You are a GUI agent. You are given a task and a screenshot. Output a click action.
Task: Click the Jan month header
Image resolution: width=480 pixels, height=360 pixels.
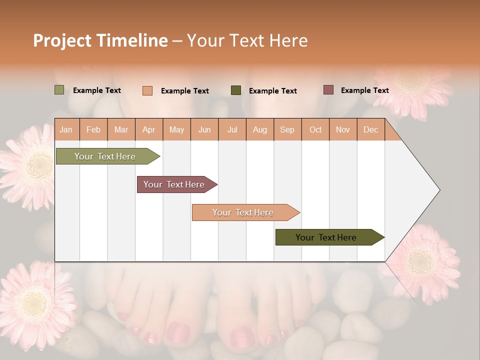click(x=66, y=130)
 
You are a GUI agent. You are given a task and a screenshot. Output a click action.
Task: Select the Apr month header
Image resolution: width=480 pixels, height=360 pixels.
click(x=148, y=130)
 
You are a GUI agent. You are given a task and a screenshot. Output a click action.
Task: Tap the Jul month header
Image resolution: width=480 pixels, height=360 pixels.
click(x=232, y=130)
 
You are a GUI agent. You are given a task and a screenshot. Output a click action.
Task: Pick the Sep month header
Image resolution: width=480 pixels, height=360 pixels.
click(x=287, y=130)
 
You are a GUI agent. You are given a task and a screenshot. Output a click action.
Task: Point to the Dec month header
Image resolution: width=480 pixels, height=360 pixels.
click(x=370, y=130)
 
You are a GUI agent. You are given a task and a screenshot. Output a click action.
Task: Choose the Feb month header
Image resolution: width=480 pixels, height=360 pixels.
click(x=93, y=130)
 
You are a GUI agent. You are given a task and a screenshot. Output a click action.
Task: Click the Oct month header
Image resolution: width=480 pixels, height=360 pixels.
click(x=315, y=130)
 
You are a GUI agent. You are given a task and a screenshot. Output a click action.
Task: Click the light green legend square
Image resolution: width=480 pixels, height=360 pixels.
click(x=59, y=90)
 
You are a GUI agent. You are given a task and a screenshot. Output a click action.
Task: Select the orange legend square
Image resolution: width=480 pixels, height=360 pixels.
click(x=147, y=90)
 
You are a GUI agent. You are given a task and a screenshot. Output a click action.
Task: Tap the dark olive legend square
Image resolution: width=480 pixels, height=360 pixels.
click(x=235, y=90)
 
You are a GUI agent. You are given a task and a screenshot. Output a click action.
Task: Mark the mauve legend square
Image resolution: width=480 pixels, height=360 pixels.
click(x=328, y=90)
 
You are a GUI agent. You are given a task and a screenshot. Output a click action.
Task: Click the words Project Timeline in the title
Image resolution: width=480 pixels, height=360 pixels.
click(x=100, y=40)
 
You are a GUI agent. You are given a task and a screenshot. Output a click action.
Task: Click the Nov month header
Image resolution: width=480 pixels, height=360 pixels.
click(x=343, y=130)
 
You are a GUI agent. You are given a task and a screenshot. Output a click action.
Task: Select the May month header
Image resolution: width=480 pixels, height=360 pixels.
click(x=176, y=130)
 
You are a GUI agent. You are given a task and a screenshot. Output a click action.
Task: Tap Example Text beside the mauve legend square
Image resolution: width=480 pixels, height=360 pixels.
click(x=364, y=90)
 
